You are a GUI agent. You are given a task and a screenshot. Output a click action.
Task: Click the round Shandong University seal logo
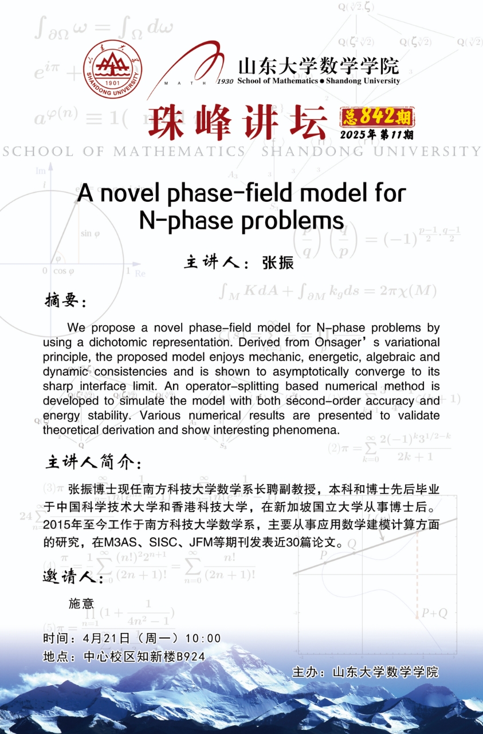pos(112,69)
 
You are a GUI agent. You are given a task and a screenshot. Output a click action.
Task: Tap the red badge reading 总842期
pos(377,117)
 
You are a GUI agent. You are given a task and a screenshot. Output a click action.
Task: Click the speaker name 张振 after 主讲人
pos(278,263)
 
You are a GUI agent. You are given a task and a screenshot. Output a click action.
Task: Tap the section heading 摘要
pos(65,300)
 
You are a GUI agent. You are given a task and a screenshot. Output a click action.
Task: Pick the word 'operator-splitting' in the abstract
pos(227,386)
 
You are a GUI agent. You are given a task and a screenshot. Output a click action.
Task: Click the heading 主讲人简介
pos(92,462)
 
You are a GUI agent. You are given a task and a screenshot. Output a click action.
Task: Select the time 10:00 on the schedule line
pos(203,638)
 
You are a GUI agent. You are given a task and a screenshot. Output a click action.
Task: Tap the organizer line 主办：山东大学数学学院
pos(365,671)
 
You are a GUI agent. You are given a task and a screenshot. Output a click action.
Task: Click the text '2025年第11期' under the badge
pos(376,135)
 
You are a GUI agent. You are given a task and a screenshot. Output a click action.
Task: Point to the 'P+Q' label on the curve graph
pos(434,613)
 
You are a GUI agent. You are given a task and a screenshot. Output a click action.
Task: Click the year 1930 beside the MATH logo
pos(225,81)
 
